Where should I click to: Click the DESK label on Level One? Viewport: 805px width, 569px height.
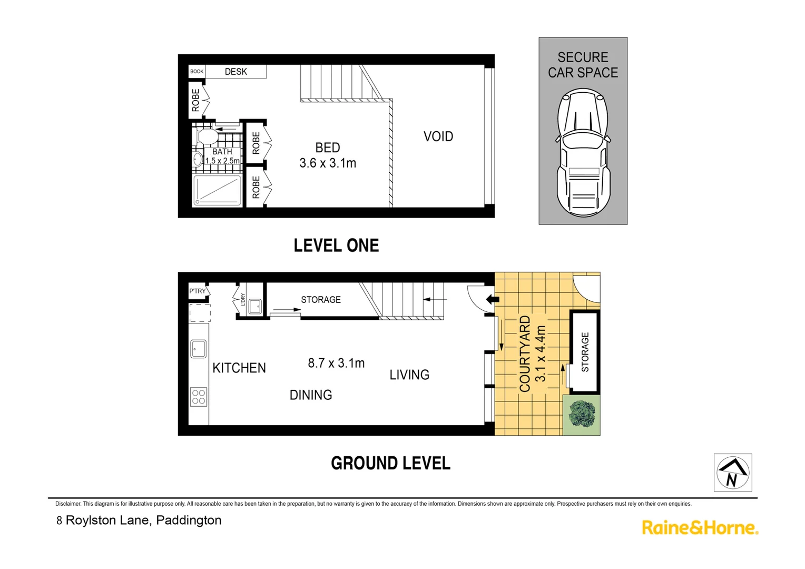click(x=235, y=72)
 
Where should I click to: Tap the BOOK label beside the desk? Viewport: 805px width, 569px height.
click(x=197, y=72)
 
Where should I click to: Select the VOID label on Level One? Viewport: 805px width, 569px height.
click(x=438, y=136)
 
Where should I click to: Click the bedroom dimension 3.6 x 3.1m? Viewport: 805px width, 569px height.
click(x=328, y=163)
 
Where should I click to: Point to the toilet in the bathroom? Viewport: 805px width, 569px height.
click(x=207, y=136)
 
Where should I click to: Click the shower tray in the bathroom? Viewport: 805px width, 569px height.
click(x=217, y=190)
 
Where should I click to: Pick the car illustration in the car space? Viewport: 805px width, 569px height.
click(x=583, y=153)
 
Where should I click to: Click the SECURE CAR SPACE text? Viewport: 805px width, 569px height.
click(x=583, y=65)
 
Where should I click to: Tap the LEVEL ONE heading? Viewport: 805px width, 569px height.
click(x=336, y=246)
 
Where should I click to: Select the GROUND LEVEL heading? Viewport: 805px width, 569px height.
click(x=390, y=464)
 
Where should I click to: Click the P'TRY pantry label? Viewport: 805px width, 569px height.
click(x=198, y=291)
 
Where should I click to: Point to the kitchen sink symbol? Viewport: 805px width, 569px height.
click(x=199, y=349)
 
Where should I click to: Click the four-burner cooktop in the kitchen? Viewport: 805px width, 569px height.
click(x=199, y=397)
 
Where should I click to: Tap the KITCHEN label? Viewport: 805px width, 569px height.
click(x=239, y=368)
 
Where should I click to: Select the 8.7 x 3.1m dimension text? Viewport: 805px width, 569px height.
click(x=336, y=363)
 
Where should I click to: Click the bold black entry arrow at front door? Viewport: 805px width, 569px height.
click(x=492, y=300)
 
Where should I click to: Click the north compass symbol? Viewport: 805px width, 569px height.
click(x=732, y=473)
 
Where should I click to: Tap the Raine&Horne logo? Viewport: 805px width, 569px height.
click(x=700, y=527)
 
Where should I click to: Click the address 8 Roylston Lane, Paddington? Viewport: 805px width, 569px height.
click(x=139, y=521)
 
